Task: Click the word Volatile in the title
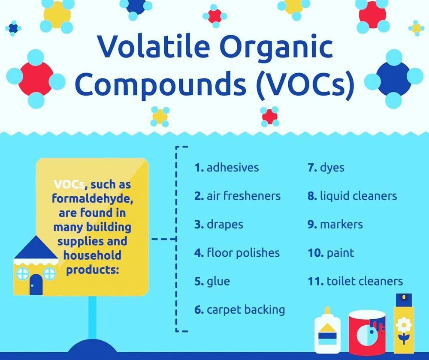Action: point(154,46)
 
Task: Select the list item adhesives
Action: point(227,167)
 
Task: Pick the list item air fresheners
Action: point(238,196)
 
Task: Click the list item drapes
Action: point(219,225)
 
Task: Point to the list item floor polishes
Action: point(237,252)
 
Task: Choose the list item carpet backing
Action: point(240,310)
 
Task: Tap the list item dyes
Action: point(326,168)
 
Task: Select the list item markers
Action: point(335,225)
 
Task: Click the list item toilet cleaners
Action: point(355,281)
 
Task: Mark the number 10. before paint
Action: point(316,253)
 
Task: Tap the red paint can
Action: point(367,333)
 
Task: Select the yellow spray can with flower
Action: point(404,324)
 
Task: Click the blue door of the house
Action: point(36,285)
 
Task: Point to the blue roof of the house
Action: point(36,247)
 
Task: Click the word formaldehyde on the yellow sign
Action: point(93,198)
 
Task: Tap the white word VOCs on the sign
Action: point(69,184)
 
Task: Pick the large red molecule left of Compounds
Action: point(36,79)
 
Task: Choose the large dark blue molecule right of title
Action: point(394,79)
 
